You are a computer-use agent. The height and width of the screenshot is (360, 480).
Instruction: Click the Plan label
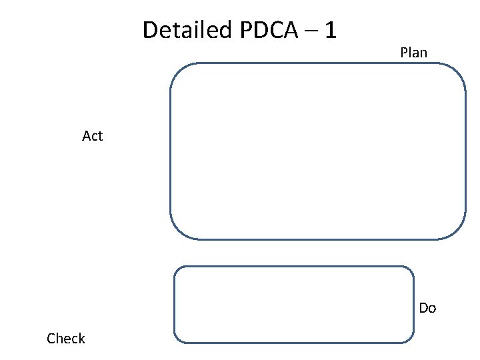tap(413, 52)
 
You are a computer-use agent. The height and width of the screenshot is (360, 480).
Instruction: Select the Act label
tap(92, 136)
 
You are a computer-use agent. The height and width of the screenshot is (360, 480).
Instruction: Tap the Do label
tap(427, 308)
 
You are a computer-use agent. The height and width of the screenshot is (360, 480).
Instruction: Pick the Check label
tap(66, 339)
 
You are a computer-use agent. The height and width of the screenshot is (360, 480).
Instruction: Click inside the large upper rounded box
tap(317, 151)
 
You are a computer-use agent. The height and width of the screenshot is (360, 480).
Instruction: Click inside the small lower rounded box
tap(293, 305)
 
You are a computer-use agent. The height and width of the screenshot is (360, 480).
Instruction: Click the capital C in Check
tap(51, 339)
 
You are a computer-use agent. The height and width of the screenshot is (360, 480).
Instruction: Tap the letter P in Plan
tap(404, 52)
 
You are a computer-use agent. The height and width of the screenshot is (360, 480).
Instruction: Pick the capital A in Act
tap(87, 136)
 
